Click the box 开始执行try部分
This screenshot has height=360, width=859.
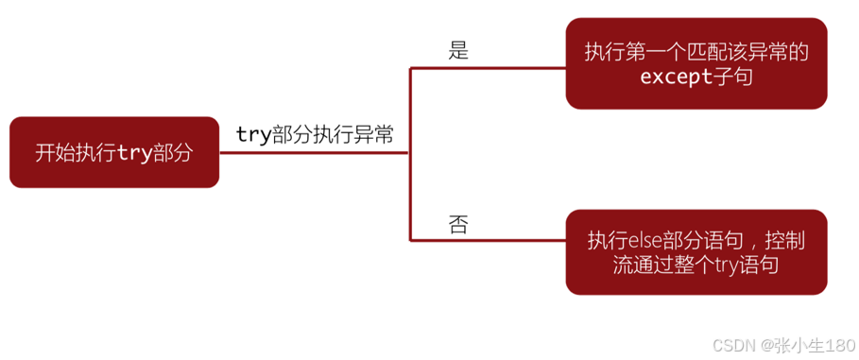click(x=112, y=153)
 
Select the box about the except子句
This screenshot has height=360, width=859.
click(x=696, y=64)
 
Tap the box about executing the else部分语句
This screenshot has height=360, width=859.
click(x=696, y=251)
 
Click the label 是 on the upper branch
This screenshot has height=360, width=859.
click(x=458, y=51)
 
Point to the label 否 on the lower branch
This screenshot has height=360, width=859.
click(x=458, y=224)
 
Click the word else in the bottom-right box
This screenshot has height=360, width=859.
click(x=644, y=240)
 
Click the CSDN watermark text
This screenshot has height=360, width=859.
click(x=730, y=345)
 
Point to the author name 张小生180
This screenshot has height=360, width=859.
click(x=816, y=345)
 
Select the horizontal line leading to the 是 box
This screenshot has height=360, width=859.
click(x=487, y=69)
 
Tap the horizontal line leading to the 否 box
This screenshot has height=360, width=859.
click(x=487, y=238)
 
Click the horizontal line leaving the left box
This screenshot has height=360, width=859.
click(x=312, y=153)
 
